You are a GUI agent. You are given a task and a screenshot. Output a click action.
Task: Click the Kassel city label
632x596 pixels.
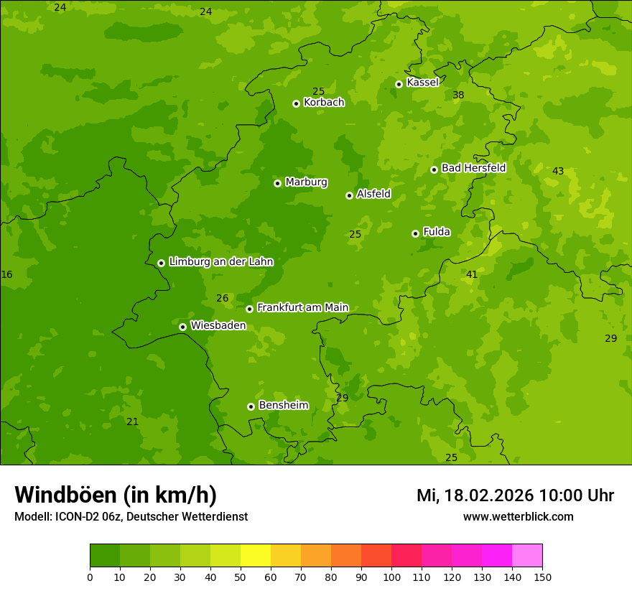click(x=422, y=83)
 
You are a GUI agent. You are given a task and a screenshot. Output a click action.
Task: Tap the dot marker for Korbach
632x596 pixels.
click(x=296, y=103)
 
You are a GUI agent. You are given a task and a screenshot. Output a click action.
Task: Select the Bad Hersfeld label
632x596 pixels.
click(x=473, y=168)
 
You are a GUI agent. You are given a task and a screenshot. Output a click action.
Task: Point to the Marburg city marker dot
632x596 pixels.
click(x=277, y=183)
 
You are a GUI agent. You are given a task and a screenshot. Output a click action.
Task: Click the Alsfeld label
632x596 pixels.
click(x=373, y=194)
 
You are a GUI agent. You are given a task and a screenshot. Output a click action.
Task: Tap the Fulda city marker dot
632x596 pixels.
click(x=415, y=233)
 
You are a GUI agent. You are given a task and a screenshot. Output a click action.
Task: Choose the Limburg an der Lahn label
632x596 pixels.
click(x=220, y=262)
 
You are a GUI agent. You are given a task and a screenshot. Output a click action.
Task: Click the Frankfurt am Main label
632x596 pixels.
click(x=302, y=307)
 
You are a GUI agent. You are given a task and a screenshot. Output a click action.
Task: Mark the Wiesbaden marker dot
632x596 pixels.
click(x=182, y=327)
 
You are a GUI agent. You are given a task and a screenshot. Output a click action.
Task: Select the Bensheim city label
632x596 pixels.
click(x=283, y=405)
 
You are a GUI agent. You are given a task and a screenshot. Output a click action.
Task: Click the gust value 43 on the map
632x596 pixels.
click(x=558, y=171)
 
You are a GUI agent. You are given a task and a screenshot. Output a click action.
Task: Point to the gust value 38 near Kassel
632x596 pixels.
click(x=458, y=95)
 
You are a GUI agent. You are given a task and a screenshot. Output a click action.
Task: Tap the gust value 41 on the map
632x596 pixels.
click(x=472, y=274)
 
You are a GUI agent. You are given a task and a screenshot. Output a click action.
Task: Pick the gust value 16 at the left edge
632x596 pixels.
click(x=6, y=274)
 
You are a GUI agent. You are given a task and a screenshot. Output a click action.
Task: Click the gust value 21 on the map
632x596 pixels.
click(x=132, y=422)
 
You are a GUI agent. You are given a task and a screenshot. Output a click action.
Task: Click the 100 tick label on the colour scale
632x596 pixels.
click(x=391, y=577)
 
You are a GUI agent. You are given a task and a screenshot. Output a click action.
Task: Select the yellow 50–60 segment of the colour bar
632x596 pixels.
click(x=256, y=556)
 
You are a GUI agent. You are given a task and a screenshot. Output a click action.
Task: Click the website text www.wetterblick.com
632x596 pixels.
click(x=518, y=517)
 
